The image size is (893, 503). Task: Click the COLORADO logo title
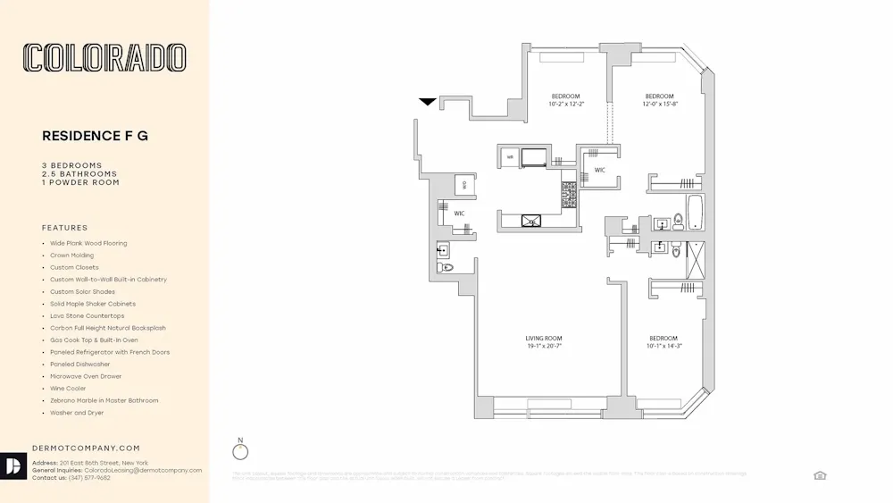coord(105,58)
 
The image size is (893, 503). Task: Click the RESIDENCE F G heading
coord(96,136)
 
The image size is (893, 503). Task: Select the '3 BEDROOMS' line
coord(72,165)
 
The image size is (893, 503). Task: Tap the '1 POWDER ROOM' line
coord(80,182)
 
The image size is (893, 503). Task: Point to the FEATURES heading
coord(65,228)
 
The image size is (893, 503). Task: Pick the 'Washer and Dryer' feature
coord(77,413)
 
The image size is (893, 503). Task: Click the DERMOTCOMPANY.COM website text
coord(86,448)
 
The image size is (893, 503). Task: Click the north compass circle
coord(240,452)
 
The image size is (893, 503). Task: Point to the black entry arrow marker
coord(428,102)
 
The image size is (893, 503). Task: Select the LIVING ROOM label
coord(543,339)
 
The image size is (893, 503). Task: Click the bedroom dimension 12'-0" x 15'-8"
coord(659,105)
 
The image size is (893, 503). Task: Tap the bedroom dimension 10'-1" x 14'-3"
coord(663,346)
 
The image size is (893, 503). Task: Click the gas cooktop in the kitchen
coord(568,195)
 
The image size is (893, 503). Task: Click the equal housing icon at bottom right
coord(820,475)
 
